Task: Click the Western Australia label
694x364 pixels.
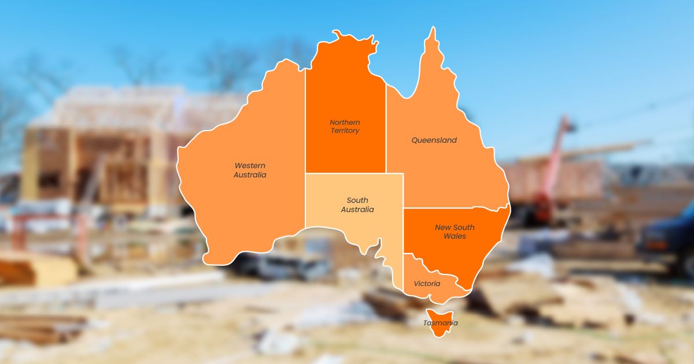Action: point(250,170)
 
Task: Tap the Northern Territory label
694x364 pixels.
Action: point(345,127)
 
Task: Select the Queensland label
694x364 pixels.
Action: point(434,140)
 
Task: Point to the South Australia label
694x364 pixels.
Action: point(357,205)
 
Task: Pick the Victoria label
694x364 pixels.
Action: point(427,284)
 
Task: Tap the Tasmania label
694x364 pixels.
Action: point(440,323)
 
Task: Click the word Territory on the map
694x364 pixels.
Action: point(345,131)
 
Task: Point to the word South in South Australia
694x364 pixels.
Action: point(357,200)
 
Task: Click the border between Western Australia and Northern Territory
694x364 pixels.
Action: point(305,116)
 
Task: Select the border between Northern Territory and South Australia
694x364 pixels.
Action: point(347,173)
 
